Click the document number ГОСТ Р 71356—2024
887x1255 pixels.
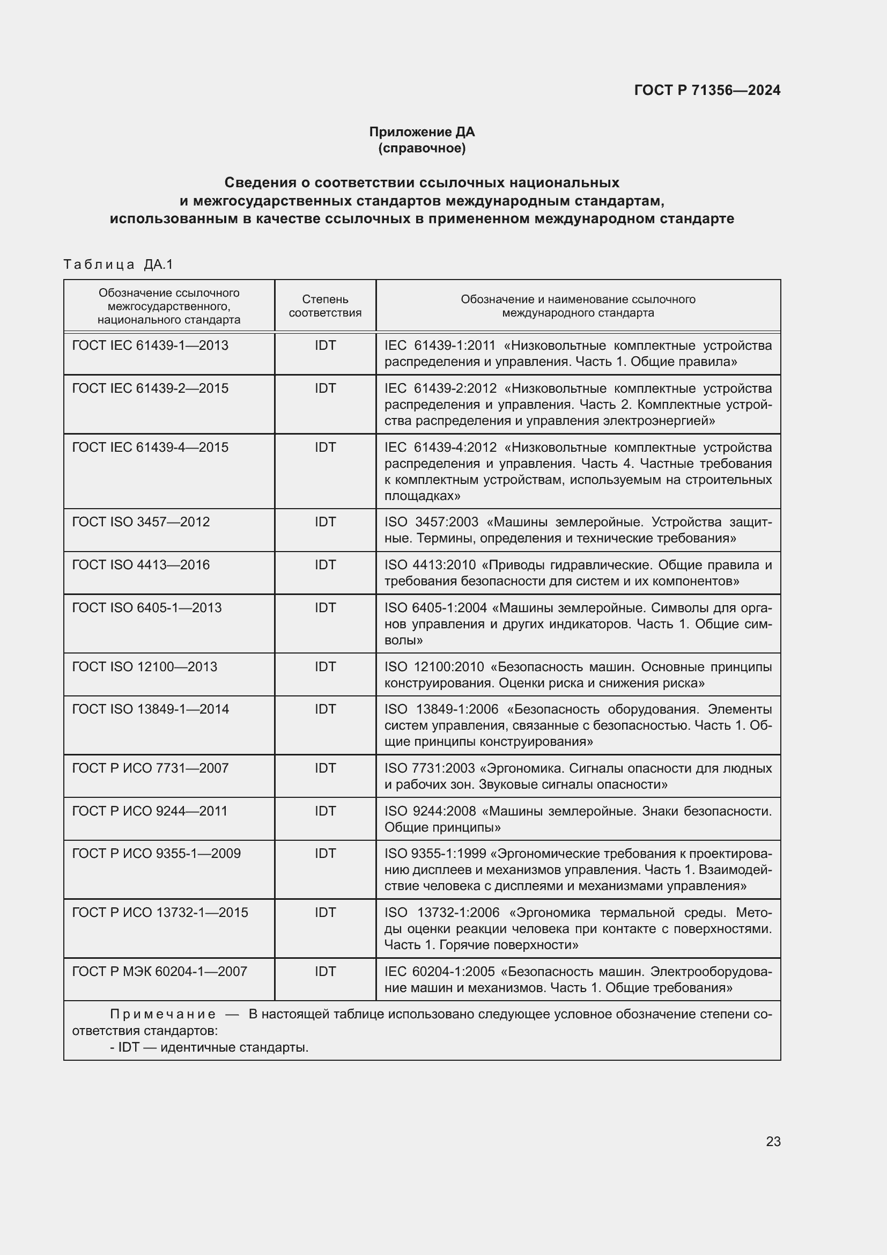point(707,90)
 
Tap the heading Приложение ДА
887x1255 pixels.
point(422,132)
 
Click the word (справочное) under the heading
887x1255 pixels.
point(422,148)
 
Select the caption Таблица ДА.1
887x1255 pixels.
point(118,265)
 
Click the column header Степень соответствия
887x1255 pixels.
point(325,306)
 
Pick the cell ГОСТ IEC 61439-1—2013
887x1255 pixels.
point(150,346)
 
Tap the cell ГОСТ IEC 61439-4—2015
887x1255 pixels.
point(150,447)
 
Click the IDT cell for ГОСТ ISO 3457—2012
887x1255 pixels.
point(325,522)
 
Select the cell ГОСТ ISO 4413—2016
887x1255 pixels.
point(141,564)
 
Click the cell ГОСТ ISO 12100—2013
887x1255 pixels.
point(145,667)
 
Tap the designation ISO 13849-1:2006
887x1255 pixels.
point(441,709)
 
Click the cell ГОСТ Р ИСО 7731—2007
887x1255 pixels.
point(150,768)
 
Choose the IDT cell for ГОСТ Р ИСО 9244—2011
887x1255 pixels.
point(325,811)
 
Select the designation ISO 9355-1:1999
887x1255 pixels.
point(435,853)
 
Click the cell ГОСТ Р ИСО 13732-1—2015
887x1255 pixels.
point(160,912)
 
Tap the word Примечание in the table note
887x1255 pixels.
point(163,1015)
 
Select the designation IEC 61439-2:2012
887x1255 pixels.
point(440,388)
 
